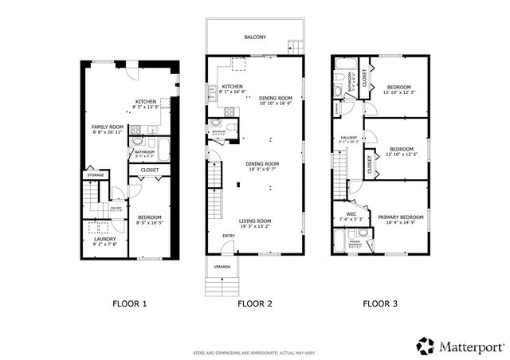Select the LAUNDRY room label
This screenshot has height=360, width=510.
coord(106,239)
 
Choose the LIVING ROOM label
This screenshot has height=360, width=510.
coord(255,221)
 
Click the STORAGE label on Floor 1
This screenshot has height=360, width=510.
coord(96,174)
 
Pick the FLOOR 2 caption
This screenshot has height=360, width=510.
coord(255,303)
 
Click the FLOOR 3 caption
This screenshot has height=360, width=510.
coord(380,303)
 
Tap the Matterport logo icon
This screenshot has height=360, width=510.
coord(426,346)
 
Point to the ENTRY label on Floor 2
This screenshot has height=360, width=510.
coord(229,235)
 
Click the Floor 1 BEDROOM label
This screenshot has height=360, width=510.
coord(149,217)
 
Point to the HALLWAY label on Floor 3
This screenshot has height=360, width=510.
coord(349,138)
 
